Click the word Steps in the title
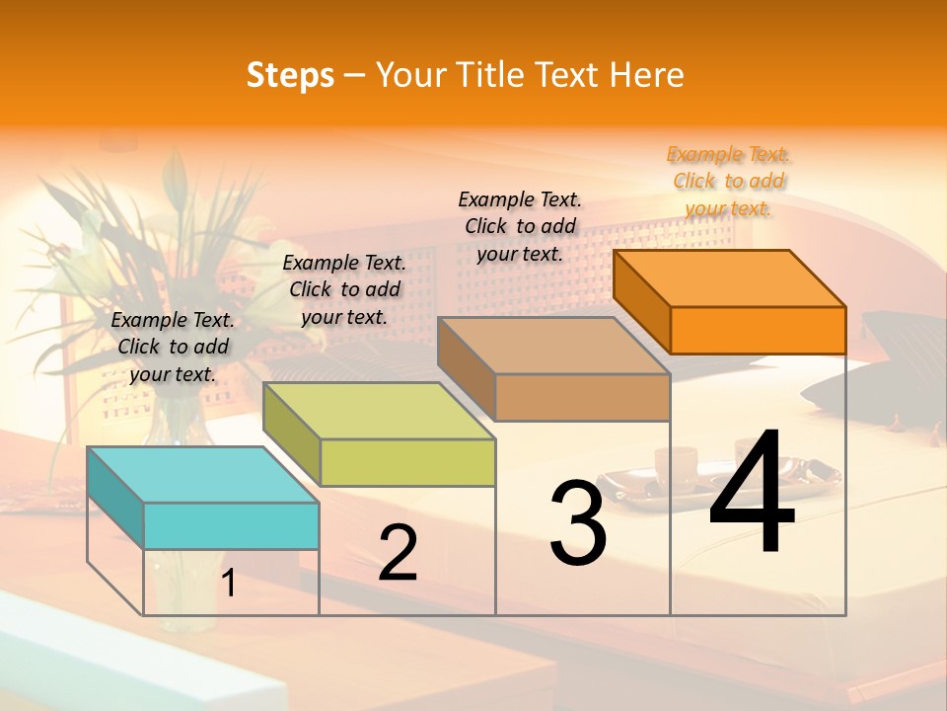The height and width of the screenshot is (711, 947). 290,75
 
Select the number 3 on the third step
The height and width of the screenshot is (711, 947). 578,523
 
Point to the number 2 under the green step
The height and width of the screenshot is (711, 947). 398,553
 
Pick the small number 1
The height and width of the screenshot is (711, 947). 229,584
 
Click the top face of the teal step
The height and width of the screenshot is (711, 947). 202,474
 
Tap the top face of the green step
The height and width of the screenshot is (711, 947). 378,411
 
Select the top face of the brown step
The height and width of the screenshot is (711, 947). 553,346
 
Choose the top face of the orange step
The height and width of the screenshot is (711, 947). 729,278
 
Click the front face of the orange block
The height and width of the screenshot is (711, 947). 758,330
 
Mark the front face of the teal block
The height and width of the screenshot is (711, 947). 231,525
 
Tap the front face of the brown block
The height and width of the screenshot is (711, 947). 582,397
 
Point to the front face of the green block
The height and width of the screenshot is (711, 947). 407,462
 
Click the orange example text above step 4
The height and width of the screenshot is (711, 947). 729,181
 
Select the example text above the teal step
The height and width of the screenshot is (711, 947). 174,347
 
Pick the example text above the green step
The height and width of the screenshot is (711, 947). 344,289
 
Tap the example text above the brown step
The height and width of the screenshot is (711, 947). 520,226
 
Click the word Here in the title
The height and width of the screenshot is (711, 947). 647,75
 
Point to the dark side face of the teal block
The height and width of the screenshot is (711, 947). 115,498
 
